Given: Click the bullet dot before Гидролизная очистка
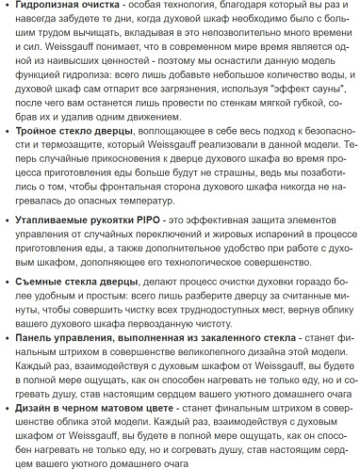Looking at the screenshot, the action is tap(8, 8).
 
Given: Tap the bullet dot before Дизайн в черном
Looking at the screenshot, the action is tap(8, 410).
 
